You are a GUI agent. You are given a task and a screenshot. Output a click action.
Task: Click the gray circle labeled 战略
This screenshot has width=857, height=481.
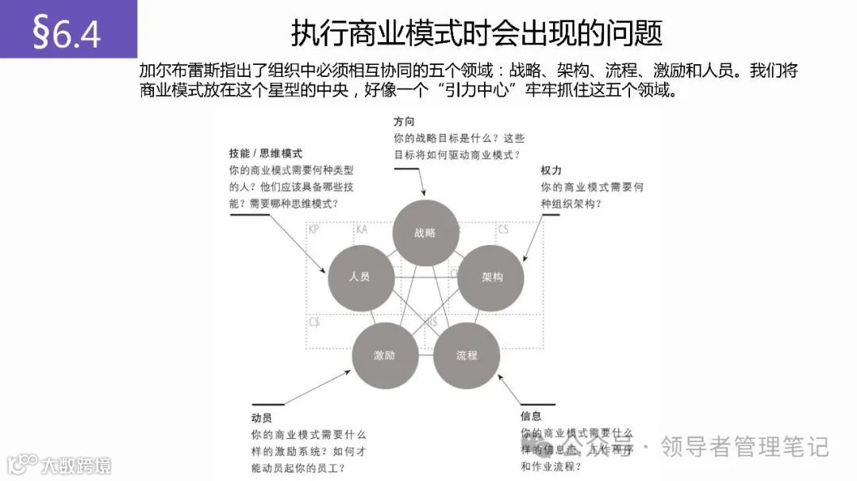point(426,233)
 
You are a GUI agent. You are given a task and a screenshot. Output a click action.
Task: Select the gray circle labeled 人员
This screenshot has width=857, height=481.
point(360,277)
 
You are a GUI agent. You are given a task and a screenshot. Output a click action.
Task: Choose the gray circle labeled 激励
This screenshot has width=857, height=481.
point(385,355)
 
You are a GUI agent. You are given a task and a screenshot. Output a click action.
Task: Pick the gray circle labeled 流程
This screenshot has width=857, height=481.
point(467,355)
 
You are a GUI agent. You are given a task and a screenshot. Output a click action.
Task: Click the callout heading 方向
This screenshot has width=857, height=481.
point(404,123)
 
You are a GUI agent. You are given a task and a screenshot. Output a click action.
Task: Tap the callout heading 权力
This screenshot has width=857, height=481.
point(551,170)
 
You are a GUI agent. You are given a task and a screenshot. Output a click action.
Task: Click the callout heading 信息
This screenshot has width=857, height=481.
point(532,416)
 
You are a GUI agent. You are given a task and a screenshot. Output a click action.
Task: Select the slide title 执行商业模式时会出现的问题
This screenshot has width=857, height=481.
point(476,33)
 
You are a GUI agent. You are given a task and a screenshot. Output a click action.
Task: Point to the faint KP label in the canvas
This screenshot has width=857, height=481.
point(314,230)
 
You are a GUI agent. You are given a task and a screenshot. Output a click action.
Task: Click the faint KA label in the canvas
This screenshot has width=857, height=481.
point(362,230)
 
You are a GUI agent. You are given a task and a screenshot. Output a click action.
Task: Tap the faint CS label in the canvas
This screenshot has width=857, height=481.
point(503,230)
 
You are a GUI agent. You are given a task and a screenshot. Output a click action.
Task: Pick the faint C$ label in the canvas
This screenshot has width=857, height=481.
point(315,323)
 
